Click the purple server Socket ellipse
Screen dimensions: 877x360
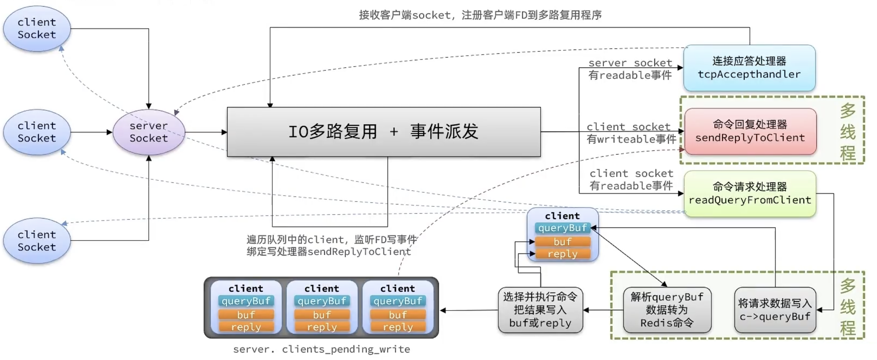coord(149,132)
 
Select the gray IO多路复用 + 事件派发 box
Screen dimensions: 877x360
coord(384,132)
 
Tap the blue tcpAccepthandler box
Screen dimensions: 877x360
coord(749,68)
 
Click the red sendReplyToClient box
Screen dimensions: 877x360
coord(750,131)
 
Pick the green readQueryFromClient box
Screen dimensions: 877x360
coord(750,194)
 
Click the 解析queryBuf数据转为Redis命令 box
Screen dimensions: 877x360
coord(667,310)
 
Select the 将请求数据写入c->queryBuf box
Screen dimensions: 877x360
coord(775,310)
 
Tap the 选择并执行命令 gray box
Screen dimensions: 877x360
coord(540,310)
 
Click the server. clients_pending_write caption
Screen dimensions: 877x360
coord(321,349)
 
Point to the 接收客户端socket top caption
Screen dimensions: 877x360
coord(480,15)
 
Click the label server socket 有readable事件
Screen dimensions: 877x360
coord(630,69)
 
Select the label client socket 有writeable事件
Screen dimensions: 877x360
coord(631,133)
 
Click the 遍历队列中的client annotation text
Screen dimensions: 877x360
coord(331,245)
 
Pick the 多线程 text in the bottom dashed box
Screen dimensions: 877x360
coord(848,306)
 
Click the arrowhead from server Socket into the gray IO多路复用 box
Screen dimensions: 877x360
coord(224,132)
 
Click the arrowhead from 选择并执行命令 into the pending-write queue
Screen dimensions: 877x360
coord(443,310)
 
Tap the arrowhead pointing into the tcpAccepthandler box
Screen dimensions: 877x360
coord(680,68)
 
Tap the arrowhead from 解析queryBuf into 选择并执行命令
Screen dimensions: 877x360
coord(586,310)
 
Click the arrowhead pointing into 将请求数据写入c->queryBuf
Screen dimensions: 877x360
coord(819,310)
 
